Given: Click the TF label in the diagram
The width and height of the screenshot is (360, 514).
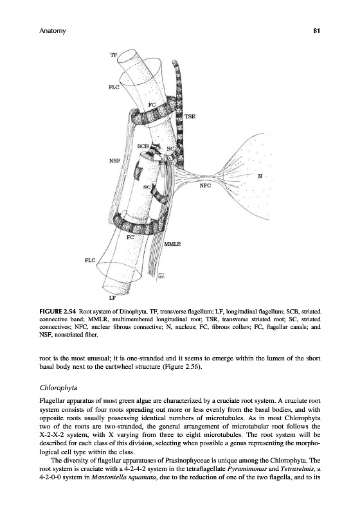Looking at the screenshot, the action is pos(113,55).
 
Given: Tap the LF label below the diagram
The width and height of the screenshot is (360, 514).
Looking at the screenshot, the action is pos(112,298).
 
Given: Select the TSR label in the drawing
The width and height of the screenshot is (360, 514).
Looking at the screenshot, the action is pos(190,116).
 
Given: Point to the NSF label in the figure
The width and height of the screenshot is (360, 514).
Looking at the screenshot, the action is pos(115,161).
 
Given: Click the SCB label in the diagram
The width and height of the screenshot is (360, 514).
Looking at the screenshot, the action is pos(143,146).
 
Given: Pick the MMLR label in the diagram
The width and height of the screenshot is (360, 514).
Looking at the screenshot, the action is pos(173,244).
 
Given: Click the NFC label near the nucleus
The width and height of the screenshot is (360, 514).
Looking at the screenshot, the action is pos(205,186).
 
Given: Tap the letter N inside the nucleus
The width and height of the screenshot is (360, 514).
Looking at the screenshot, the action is pos(260,176).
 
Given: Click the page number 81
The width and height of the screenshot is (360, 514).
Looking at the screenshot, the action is pos(316,31).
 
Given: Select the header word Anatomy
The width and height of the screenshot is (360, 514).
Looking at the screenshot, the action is pos(53,31).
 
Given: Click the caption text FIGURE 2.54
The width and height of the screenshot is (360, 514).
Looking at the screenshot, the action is pos(58,311).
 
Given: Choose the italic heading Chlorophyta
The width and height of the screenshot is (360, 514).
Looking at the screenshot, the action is pos(59,388).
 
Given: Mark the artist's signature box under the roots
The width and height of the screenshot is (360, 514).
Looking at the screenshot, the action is pos(161,276).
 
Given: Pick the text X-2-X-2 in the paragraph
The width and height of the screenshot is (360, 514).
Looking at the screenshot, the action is pos(51,436).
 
